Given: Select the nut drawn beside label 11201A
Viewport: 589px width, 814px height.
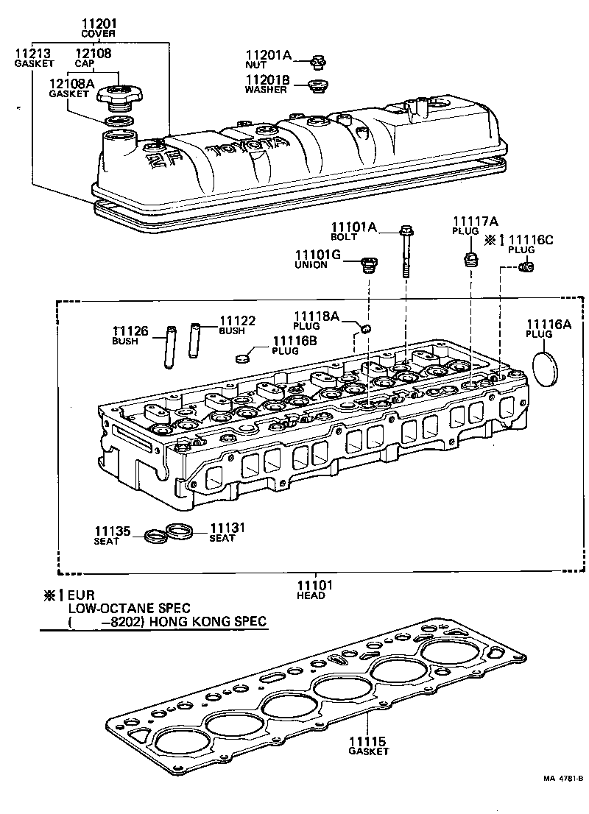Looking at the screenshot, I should (x=318, y=60).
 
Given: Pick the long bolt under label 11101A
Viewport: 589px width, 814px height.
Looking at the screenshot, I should (x=406, y=250).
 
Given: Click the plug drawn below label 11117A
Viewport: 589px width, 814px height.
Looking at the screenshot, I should (x=469, y=260).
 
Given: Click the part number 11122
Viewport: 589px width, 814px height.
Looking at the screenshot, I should (x=238, y=321).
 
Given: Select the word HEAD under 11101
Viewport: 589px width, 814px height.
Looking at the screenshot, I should (x=311, y=595).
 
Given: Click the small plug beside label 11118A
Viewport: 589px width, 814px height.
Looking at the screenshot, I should (x=366, y=327).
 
